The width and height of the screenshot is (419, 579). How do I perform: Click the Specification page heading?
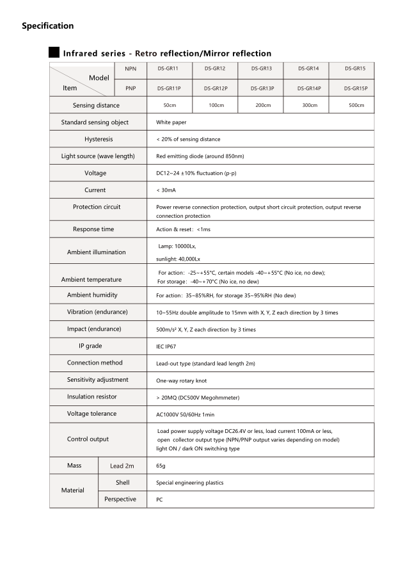[48, 26]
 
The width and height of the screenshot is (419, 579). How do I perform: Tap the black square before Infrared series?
[54, 53]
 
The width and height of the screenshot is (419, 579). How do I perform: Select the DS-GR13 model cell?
[261, 69]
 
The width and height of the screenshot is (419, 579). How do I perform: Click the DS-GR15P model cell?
[355, 88]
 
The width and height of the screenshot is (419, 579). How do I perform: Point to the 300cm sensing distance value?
[310, 105]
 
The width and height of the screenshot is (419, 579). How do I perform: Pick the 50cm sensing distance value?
[170, 105]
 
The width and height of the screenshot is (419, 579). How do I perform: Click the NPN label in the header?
[130, 69]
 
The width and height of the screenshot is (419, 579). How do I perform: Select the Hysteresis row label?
[99, 139]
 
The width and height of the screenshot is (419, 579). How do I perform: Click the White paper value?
[171, 122]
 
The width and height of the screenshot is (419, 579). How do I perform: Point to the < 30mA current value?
[166, 190]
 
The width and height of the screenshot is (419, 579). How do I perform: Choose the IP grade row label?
[90, 346]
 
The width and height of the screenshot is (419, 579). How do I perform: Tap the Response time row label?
[93, 229]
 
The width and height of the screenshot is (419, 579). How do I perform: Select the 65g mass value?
[161, 466]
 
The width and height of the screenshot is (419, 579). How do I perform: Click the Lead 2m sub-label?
[122, 466]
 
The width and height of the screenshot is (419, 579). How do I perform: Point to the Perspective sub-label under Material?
[120, 499]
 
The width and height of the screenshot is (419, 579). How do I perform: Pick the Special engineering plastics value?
[190, 483]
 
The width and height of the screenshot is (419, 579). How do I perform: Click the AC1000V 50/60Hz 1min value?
[186, 415]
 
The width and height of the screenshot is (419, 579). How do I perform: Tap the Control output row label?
[88, 439]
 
